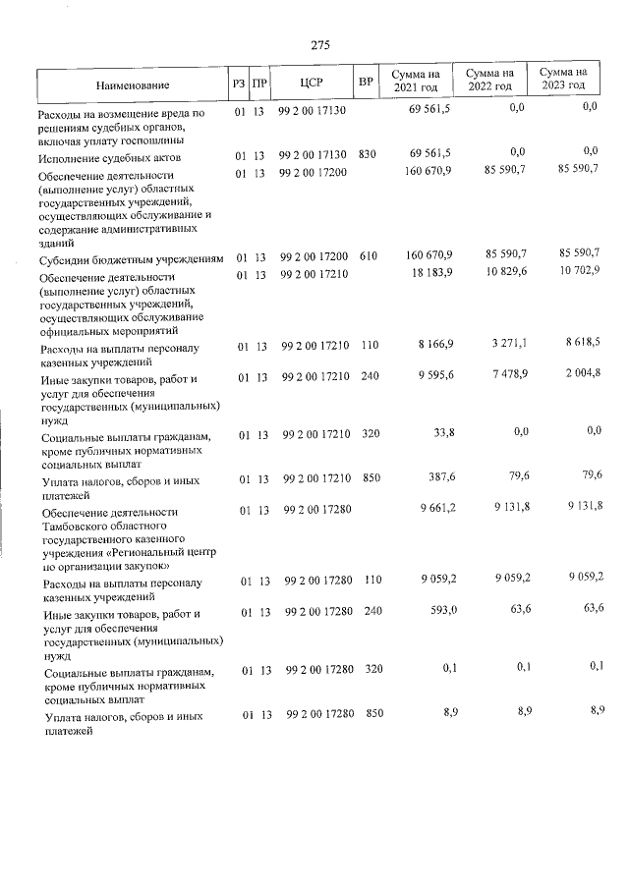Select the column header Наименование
tap(133, 85)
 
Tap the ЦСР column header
tap(313, 83)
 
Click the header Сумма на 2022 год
tap(489, 79)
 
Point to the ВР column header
tap(366, 83)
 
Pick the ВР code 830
tap(368, 154)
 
